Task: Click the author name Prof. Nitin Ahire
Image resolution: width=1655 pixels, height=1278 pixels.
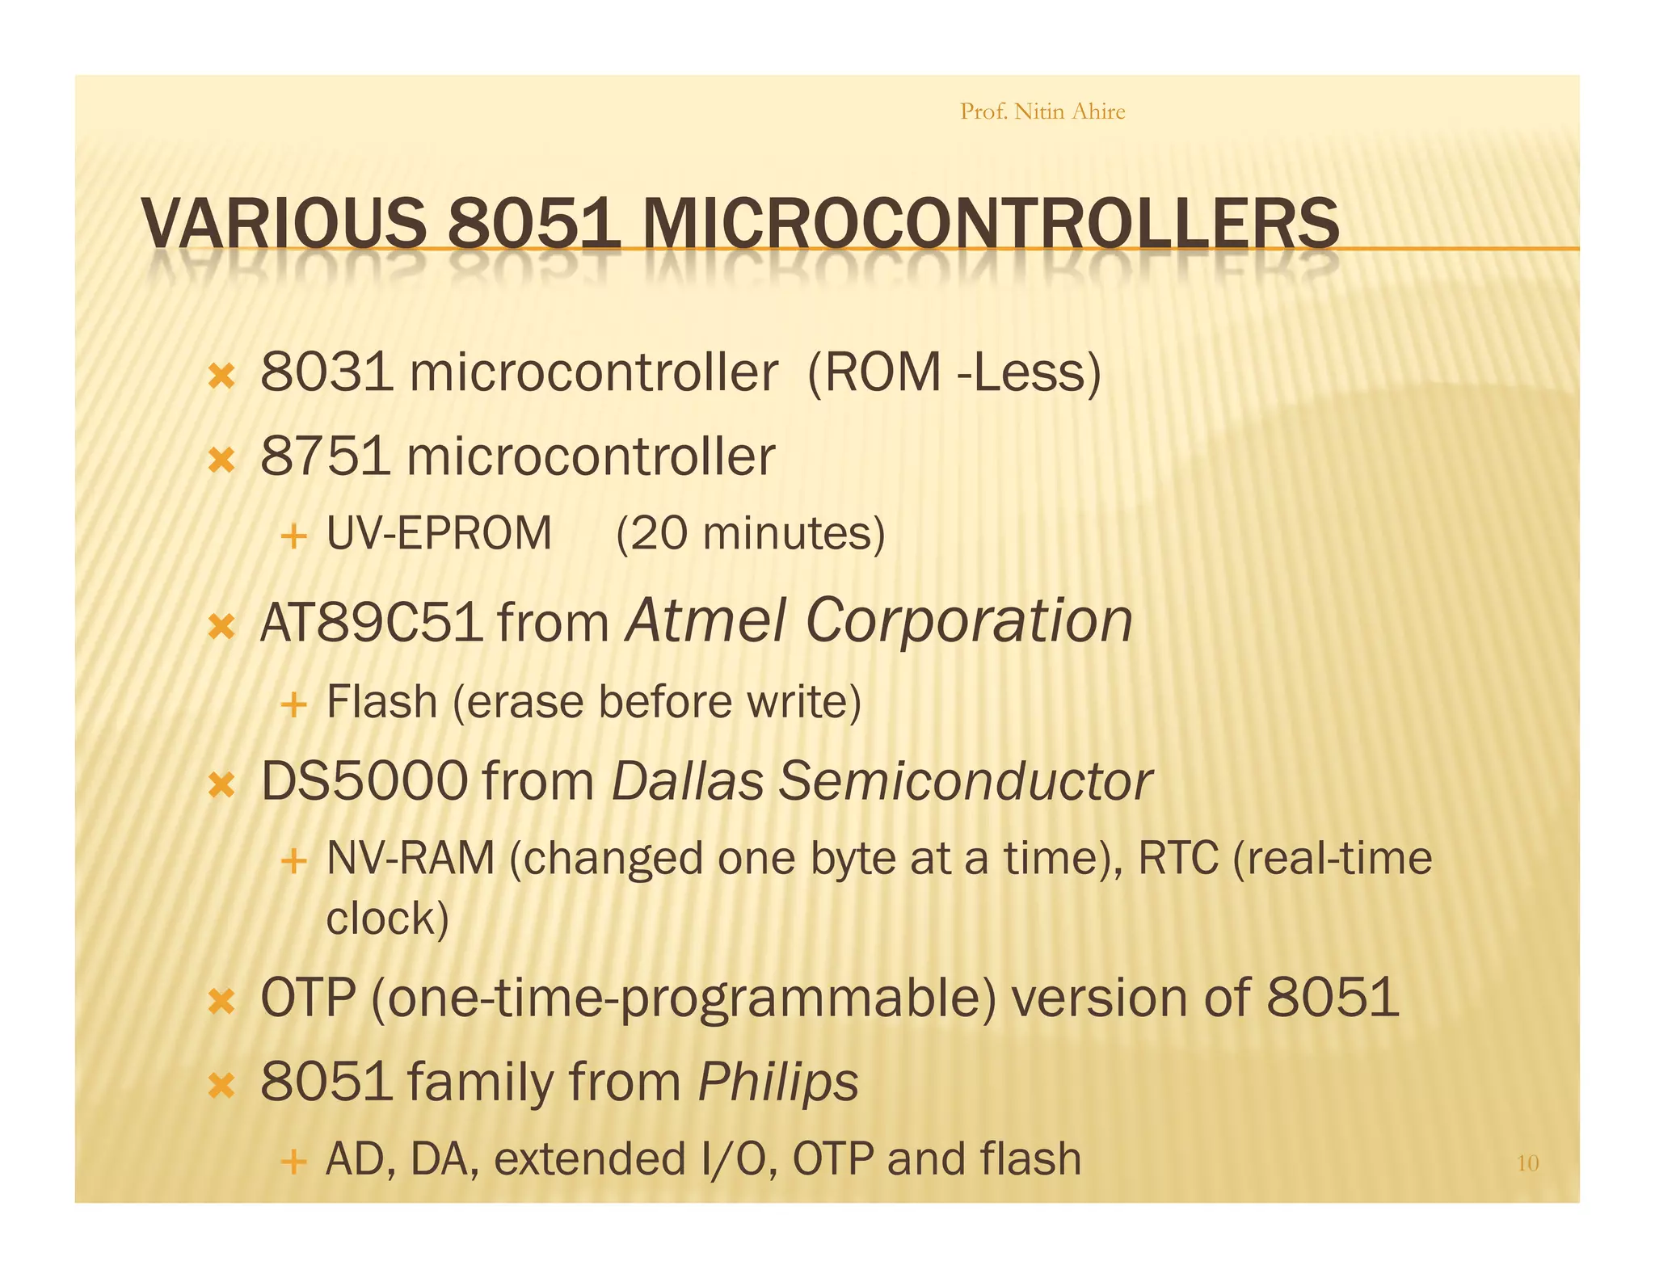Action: (x=1042, y=111)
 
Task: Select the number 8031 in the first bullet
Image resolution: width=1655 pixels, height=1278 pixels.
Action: (x=327, y=372)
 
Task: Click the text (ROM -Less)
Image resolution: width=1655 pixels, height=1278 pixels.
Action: (x=954, y=372)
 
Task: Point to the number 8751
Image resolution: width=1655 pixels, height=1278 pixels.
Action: (x=326, y=456)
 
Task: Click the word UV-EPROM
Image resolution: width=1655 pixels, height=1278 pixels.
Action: (x=439, y=534)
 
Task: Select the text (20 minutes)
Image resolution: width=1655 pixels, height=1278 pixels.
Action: (x=750, y=534)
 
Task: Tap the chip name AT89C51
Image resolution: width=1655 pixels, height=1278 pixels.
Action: (x=371, y=623)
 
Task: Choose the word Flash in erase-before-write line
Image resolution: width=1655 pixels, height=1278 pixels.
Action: (x=381, y=701)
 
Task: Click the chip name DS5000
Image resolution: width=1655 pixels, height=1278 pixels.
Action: (x=364, y=781)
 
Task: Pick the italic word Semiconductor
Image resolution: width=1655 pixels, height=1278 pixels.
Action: (x=965, y=781)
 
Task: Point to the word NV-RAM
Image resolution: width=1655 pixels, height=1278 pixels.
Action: (x=411, y=858)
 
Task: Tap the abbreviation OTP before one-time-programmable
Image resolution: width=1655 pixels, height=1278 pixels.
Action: (x=308, y=998)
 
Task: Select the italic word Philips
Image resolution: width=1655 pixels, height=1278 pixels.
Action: (x=777, y=1082)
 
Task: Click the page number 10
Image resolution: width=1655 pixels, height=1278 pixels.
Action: (x=1527, y=1163)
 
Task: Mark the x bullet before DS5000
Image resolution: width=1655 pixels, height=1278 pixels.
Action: (x=221, y=784)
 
